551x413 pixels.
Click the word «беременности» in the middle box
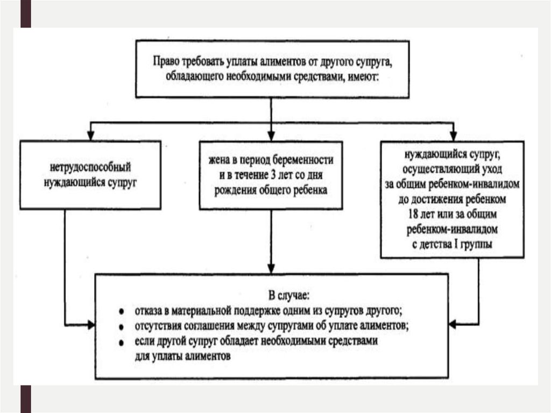(x=308, y=160)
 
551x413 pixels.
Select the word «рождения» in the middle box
(x=232, y=190)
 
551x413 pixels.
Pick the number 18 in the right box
(x=413, y=214)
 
